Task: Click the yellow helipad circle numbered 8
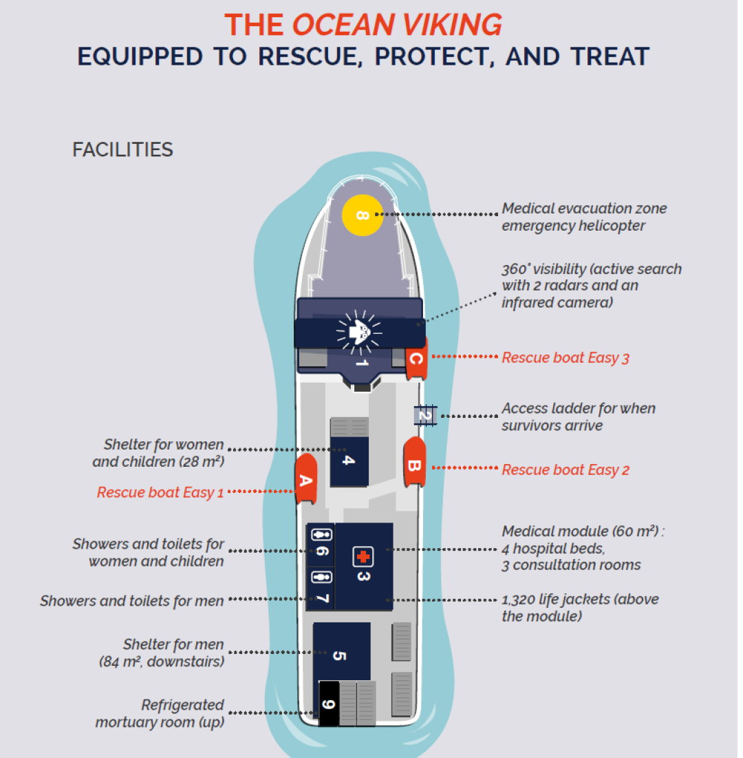click(x=363, y=215)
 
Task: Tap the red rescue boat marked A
click(x=305, y=479)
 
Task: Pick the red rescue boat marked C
click(x=416, y=358)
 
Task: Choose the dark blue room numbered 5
click(x=341, y=654)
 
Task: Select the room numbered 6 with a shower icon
click(x=321, y=544)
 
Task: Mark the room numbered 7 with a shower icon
click(x=321, y=587)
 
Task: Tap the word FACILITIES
click(x=122, y=149)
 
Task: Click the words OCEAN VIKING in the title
click(x=397, y=25)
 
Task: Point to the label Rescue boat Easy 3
click(x=566, y=357)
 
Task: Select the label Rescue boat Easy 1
click(x=160, y=492)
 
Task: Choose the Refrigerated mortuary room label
click(x=160, y=713)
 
